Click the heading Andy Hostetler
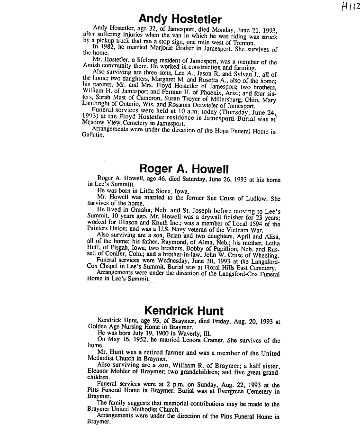180,19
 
